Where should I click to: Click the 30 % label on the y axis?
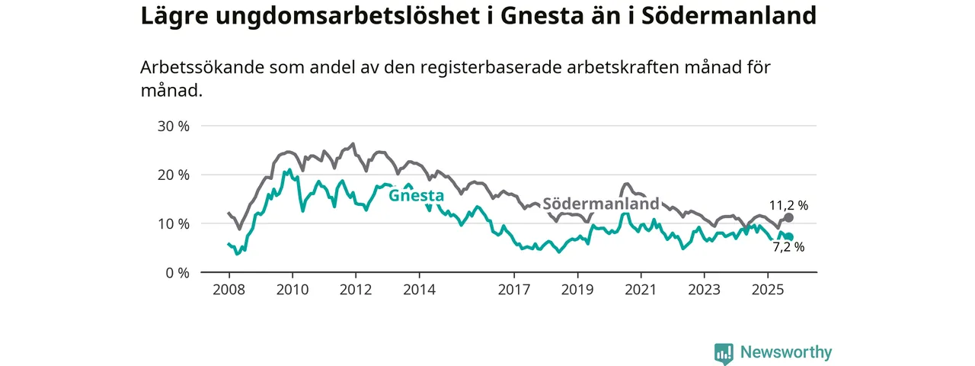(x=173, y=126)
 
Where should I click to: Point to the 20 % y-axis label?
(x=173, y=175)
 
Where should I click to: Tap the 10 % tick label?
(x=173, y=223)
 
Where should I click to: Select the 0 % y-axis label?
(x=177, y=272)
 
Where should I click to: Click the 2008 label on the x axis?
(x=229, y=290)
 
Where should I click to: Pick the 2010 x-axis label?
(x=292, y=290)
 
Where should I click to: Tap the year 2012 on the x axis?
(x=355, y=290)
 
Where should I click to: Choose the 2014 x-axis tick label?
(x=419, y=290)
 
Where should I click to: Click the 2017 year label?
(x=514, y=290)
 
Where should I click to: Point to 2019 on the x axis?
(x=577, y=290)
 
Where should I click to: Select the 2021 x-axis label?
(x=641, y=290)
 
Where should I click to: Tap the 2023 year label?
(x=704, y=290)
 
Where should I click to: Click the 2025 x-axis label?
(x=767, y=290)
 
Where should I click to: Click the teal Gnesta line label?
(x=416, y=196)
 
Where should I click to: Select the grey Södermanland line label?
(x=600, y=204)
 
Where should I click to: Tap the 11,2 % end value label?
(x=788, y=205)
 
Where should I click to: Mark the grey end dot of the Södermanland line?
(x=789, y=217)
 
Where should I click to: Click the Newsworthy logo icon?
(x=724, y=353)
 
